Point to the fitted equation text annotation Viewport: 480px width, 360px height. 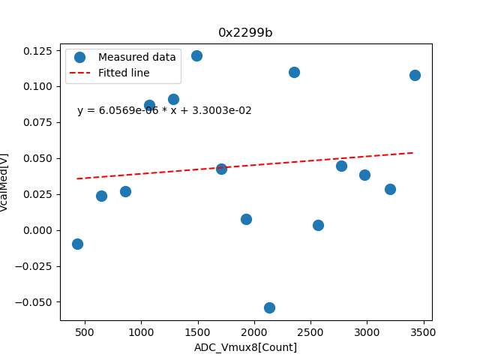[164, 111]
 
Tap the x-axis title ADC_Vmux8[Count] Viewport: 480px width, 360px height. [245, 347]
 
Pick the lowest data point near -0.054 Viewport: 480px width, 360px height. [269, 307]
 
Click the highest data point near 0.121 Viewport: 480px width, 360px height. [196, 55]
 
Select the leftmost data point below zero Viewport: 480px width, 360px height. [77, 244]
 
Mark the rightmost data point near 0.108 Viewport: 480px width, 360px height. [415, 75]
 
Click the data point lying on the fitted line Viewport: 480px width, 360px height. [221, 169]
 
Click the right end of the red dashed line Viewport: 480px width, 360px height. [414, 152]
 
